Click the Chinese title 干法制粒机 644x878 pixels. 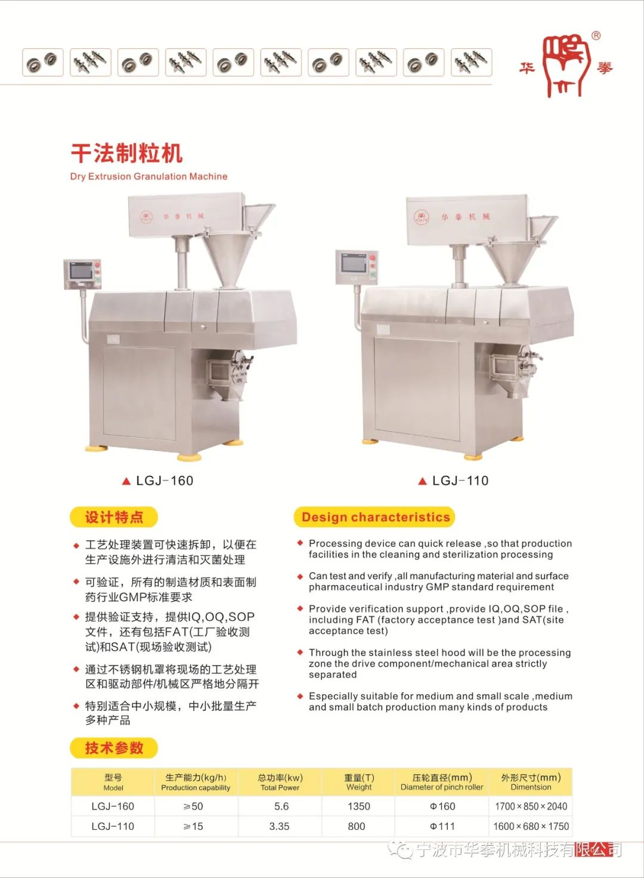[x=126, y=153]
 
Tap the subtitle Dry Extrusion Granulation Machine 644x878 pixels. [x=149, y=177]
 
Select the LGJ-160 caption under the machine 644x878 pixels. [x=158, y=481]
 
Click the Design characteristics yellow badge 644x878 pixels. [x=374, y=517]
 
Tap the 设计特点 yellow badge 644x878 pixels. [x=114, y=517]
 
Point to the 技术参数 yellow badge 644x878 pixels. [x=114, y=748]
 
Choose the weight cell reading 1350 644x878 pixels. [x=358, y=806]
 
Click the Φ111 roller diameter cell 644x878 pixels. [x=442, y=826]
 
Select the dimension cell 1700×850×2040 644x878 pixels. [x=531, y=806]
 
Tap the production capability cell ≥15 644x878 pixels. [x=193, y=826]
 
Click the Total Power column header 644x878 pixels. [x=280, y=783]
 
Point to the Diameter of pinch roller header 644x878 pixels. [x=442, y=783]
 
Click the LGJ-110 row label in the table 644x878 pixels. [x=113, y=826]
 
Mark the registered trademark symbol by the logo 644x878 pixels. [x=595, y=36]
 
